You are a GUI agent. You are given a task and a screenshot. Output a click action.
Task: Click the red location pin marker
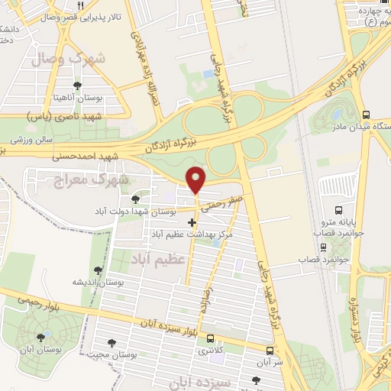pos(197,179)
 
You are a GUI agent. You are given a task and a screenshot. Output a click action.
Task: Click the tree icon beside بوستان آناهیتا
pos(77,86)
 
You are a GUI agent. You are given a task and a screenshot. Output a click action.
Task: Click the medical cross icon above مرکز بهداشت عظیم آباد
pos(192,222)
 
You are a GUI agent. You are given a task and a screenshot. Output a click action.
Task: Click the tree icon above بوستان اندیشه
pos(97,270)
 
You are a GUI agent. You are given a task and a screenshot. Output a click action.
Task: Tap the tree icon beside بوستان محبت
pos(113,344)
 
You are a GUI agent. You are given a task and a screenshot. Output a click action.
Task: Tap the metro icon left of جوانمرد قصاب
pos(323,247)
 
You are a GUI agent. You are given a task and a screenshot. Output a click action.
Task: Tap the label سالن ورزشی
pos(30,141)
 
